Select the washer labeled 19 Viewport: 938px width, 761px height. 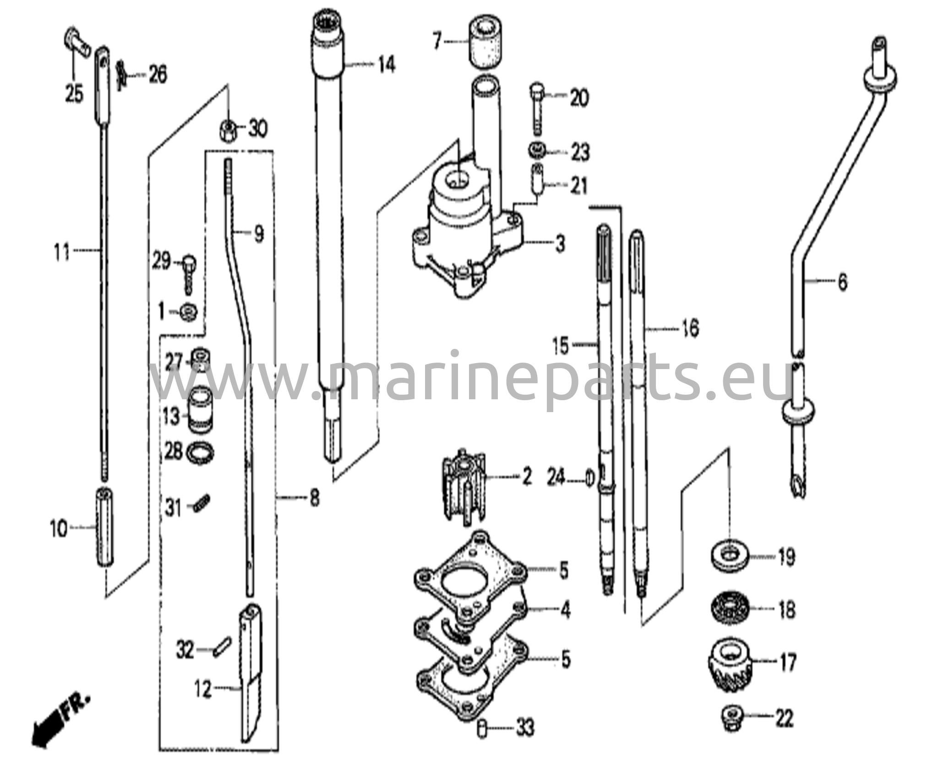[730, 557]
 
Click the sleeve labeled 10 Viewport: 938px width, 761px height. [105, 527]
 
